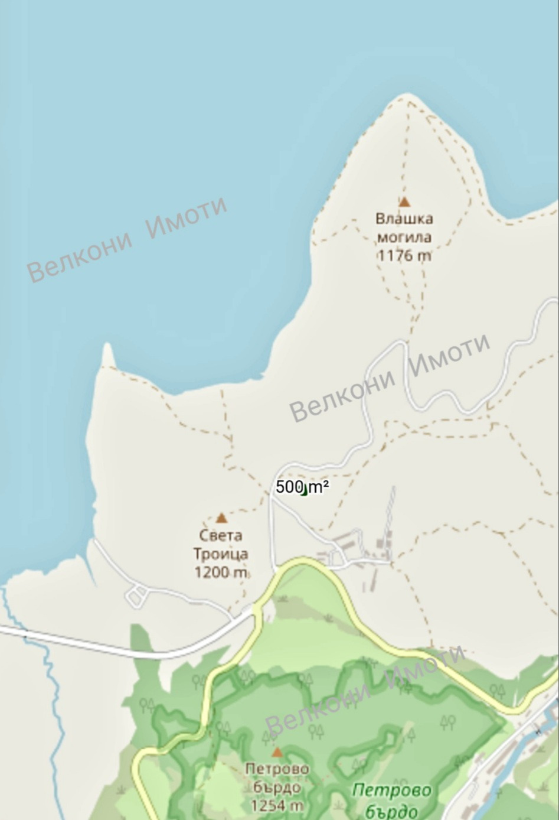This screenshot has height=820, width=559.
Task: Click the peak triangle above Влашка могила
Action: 404,202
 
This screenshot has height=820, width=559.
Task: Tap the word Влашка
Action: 404,219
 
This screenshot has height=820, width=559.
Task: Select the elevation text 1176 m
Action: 404,255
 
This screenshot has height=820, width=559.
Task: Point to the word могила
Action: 404,237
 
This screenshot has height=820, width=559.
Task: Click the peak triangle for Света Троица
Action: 221,518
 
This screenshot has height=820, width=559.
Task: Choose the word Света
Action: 221,536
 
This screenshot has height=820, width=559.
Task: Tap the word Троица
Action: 221,554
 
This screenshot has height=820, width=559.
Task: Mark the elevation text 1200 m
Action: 221,572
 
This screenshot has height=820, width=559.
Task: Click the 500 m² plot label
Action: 302,487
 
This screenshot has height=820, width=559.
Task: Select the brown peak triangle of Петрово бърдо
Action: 277,753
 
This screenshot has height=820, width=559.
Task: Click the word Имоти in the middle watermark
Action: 449,354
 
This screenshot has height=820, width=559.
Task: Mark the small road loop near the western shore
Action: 137,596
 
